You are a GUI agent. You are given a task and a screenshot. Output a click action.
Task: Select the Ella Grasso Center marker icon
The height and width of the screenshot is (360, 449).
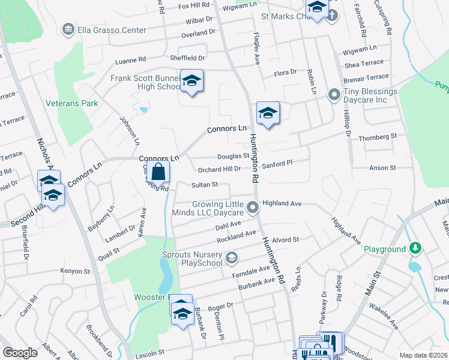[68, 29]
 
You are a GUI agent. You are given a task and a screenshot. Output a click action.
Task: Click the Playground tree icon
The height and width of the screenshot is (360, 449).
[415, 248]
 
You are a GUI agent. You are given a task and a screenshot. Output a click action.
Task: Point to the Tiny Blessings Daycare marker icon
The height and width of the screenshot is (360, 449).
[334, 95]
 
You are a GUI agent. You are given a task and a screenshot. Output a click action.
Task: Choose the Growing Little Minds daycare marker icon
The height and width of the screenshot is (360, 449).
[253, 208]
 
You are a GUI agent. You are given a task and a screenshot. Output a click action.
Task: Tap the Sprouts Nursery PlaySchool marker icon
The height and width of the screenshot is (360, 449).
[231, 259]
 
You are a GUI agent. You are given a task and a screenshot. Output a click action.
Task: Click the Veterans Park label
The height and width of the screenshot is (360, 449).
[71, 103]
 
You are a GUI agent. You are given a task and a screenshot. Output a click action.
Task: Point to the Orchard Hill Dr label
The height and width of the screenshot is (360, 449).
[220, 169]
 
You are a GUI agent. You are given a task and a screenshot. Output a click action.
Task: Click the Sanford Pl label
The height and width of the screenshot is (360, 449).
[277, 162]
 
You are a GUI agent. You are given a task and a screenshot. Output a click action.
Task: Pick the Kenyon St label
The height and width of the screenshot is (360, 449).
[75, 271]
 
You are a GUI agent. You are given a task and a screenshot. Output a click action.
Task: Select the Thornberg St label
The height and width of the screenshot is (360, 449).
[378, 137]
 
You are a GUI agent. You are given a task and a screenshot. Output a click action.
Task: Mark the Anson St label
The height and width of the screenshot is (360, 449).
[379, 168]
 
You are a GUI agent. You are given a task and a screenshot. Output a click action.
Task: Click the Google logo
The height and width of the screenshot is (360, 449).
[20, 353]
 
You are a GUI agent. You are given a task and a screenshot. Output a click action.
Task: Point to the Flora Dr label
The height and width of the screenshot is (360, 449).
[286, 73]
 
